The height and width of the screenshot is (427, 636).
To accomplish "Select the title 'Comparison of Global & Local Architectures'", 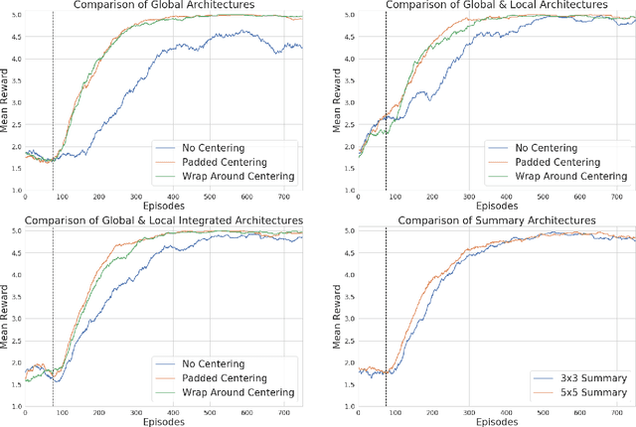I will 497,6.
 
